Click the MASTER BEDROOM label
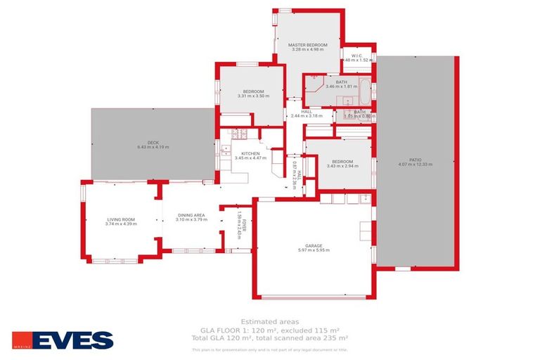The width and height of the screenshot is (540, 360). click(308, 45)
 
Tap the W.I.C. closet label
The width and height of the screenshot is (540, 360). click(356, 56)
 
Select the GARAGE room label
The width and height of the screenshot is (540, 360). click(314, 246)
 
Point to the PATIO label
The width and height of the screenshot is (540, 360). click(415, 160)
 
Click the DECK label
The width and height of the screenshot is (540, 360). click(153, 143)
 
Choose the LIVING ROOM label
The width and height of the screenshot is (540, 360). click(121, 219)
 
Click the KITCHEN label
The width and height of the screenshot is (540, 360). click(250, 153)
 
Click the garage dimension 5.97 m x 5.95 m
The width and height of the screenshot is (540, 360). click(314, 251)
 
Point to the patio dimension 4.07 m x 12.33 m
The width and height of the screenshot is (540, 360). click(415, 165)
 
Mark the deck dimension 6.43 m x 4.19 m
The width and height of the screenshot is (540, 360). click(153, 147)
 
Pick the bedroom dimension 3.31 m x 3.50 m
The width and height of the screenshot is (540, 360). click(253, 96)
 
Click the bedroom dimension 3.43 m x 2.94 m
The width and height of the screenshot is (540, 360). click(342, 167)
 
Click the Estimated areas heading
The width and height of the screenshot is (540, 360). click(269, 321)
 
